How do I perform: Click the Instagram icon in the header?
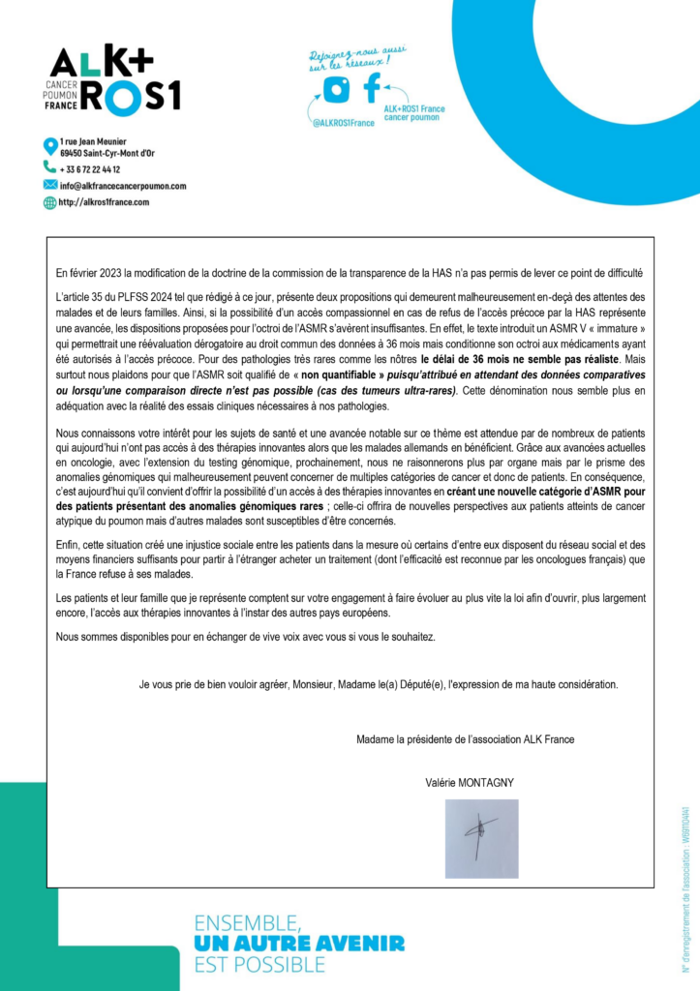(336, 90)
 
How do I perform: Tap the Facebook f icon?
(371, 88)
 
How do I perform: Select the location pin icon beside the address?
(50, 146)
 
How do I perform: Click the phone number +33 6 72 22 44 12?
(90, 168)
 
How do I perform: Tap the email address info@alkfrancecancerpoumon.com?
(122, 186)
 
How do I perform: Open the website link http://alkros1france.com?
(105, 202)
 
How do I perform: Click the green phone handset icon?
(50, 167)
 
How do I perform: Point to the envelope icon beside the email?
(50, 185)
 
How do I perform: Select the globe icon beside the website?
(50, 202)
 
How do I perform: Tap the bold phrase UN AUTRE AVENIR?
(299, 943)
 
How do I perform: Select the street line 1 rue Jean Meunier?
(93, 142)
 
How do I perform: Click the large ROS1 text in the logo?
(132, 96)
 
